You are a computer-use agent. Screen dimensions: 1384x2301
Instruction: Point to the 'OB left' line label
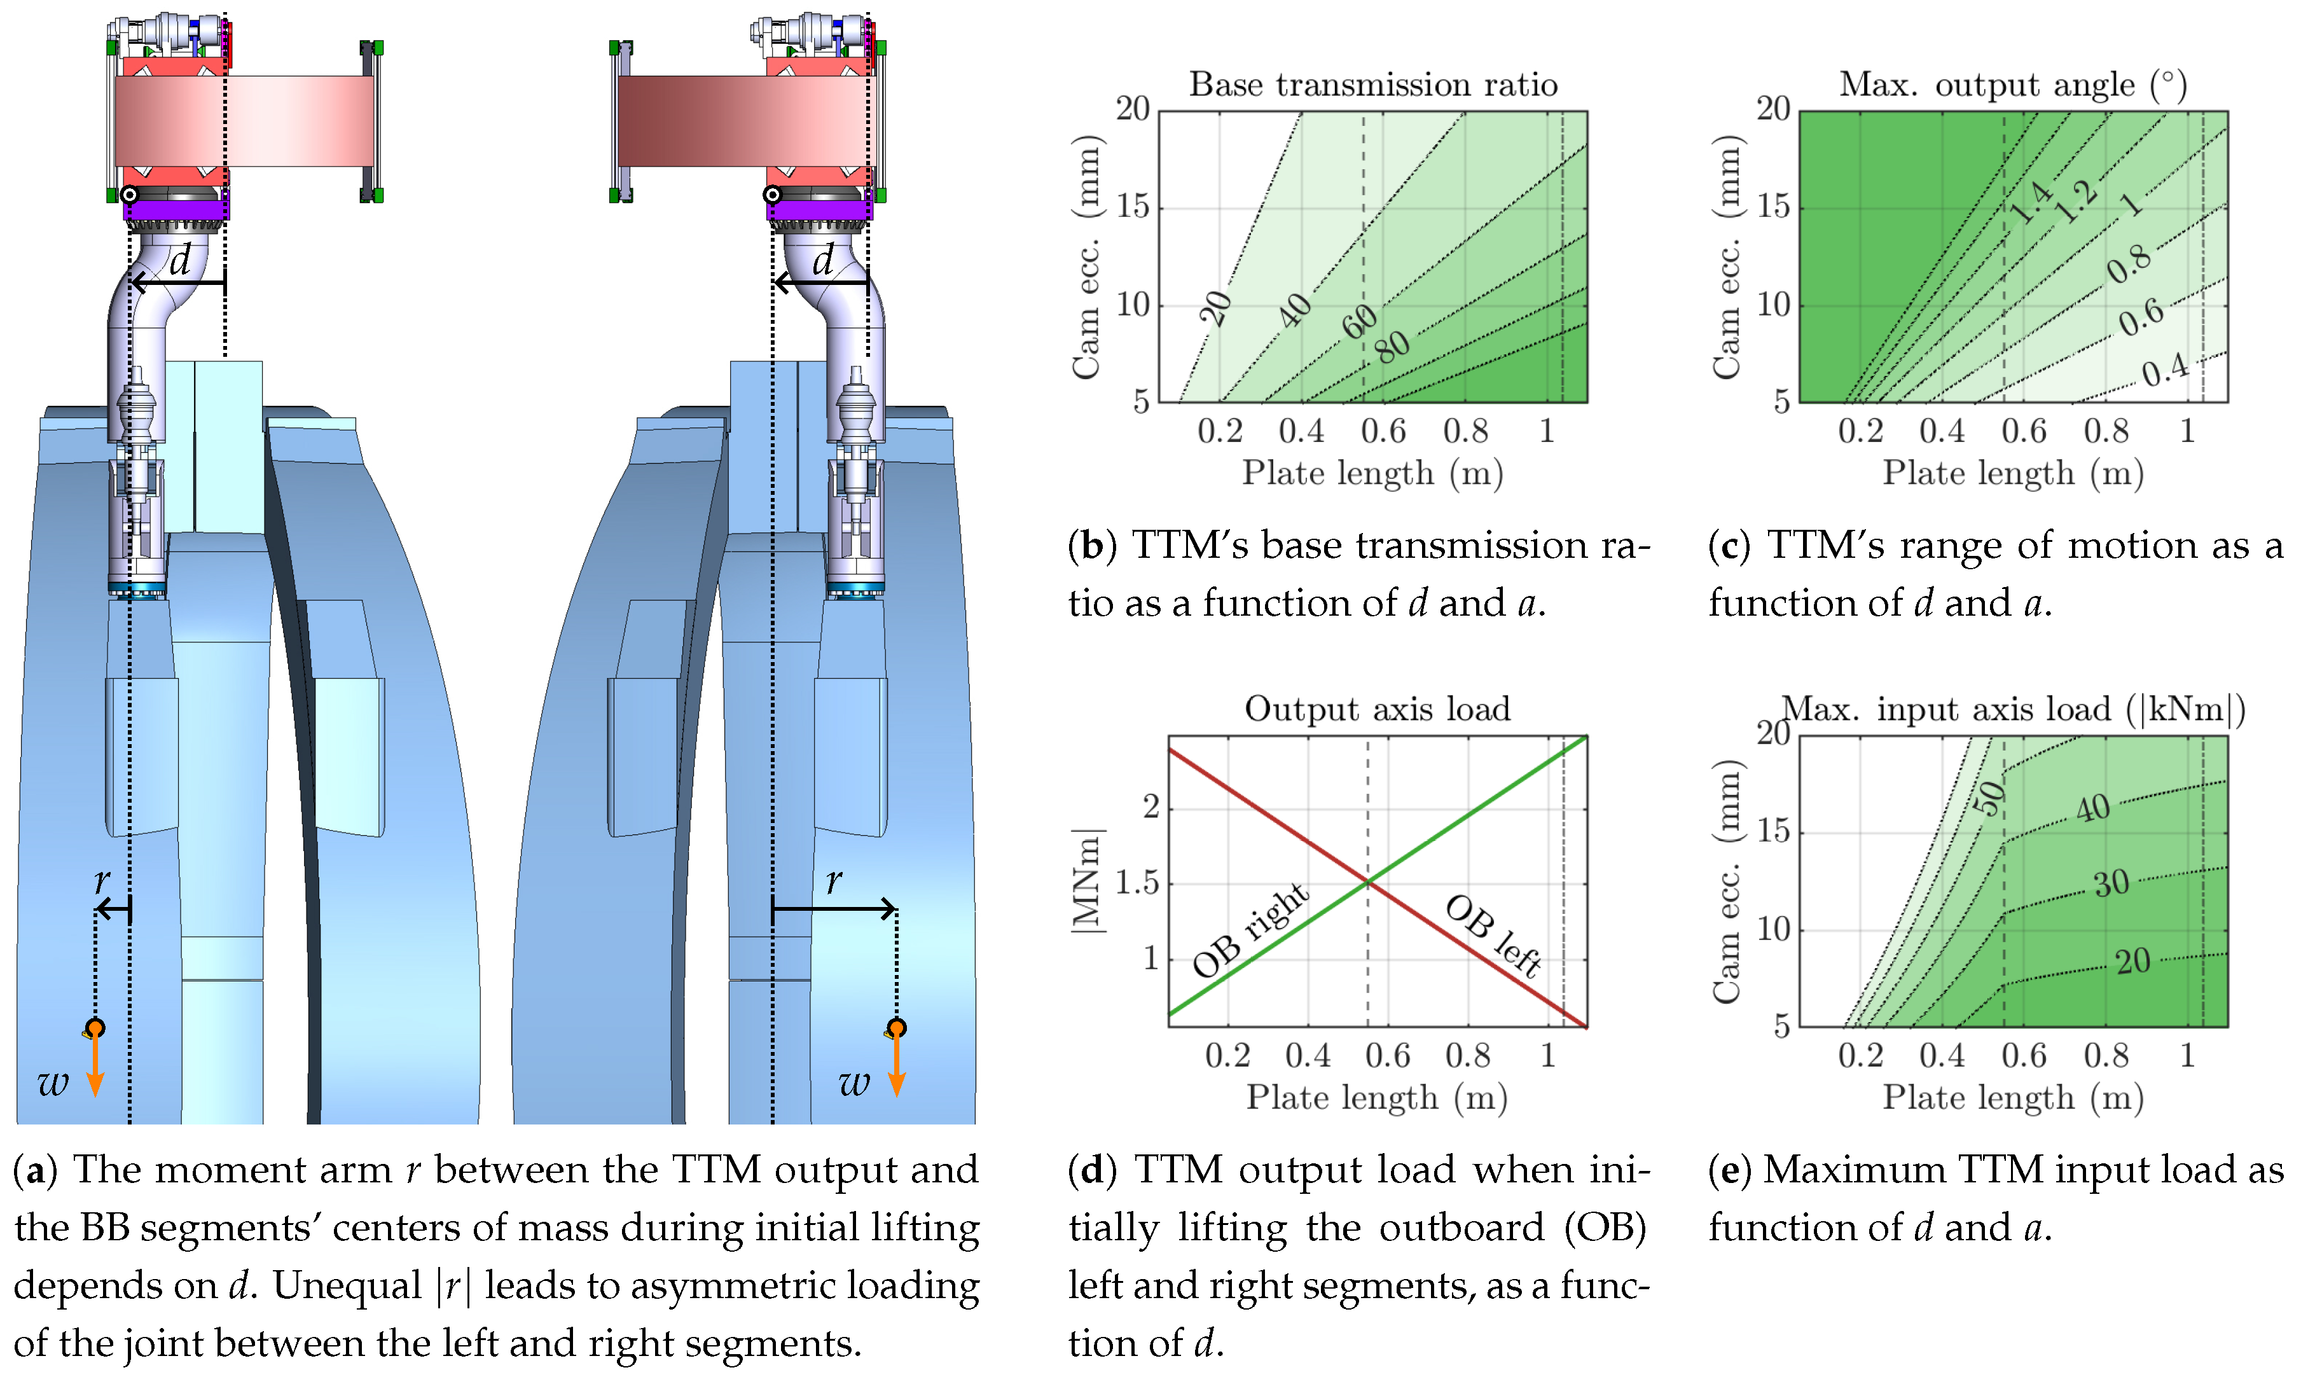(x=1493, y=934)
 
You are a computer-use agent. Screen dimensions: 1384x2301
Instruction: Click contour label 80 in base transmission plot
(x=1392, y=346)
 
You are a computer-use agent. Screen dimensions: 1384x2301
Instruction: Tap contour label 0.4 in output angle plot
(x=2165, y=370)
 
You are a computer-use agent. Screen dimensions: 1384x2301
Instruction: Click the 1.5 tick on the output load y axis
(x=1137, y=882)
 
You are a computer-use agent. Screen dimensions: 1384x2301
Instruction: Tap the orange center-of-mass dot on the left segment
(x=95, y=1028)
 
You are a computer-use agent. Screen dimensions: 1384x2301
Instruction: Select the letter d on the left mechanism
(x=180, y=260)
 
